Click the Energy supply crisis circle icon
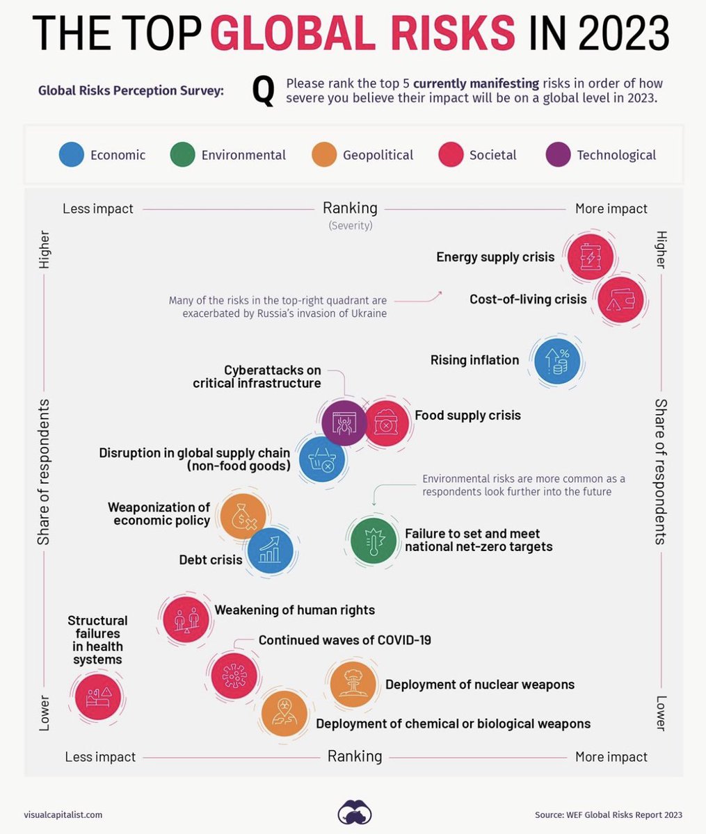(590, 257)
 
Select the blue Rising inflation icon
(556, 361)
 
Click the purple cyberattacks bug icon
(344, 423)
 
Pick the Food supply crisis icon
(387, 423)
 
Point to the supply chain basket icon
(322, 459)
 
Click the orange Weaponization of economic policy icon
(243, 516)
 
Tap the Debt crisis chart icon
(271, 549)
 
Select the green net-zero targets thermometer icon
(374, 539)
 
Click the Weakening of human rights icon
(185, 619)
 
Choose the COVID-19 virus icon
(234, 674)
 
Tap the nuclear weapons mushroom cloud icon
(353, 684)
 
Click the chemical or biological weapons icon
(284, 714)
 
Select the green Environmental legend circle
(182, 155)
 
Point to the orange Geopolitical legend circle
(324, 155)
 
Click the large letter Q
(263, 92)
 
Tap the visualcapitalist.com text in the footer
(63, 815)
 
